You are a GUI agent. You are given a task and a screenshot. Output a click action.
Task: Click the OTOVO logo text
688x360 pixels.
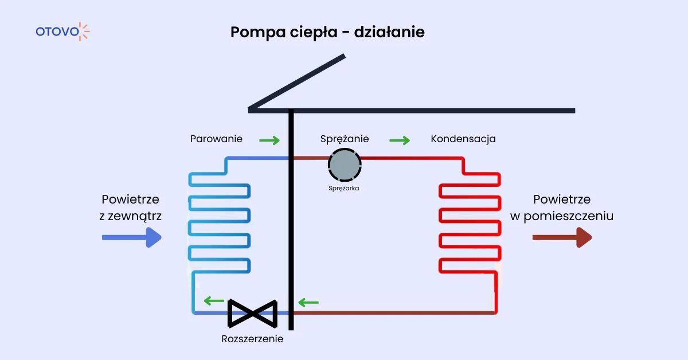click(57, 32)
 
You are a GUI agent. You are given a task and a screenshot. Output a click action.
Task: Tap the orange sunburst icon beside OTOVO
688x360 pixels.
click(84, 32)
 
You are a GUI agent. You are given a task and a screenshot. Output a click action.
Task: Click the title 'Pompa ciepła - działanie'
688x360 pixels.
click(327, 32)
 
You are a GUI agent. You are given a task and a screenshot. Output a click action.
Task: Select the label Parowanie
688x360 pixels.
click(216, 139)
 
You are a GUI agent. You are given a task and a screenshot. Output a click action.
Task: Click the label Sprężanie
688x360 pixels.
click(344, 139)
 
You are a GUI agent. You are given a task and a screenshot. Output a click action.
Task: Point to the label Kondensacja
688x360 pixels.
click(463, 139)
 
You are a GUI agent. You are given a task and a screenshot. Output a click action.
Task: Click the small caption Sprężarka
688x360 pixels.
click(344, 187)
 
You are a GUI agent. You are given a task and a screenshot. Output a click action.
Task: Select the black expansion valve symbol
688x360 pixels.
click(253, 312)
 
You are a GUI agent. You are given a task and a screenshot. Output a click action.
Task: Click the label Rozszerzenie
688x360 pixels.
click(252, 339)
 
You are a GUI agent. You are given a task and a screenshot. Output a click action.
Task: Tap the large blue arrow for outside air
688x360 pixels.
click(131, 237)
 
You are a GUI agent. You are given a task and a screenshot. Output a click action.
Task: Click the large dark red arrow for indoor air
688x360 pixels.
click(561, 237)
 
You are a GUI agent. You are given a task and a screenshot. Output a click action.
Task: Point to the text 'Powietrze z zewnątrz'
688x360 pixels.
click(130, 208)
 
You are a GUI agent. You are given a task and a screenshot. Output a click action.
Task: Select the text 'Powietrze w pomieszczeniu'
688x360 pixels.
click(561, 208)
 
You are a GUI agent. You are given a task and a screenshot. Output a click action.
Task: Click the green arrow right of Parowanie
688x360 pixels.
click(269, 140)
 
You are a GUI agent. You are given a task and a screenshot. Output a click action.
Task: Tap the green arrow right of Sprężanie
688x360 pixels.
click(400, 140)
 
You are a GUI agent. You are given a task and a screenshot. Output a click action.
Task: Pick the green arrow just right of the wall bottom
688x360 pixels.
click(308, 302)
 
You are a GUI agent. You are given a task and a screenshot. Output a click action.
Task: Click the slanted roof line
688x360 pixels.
click(297, 82)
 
